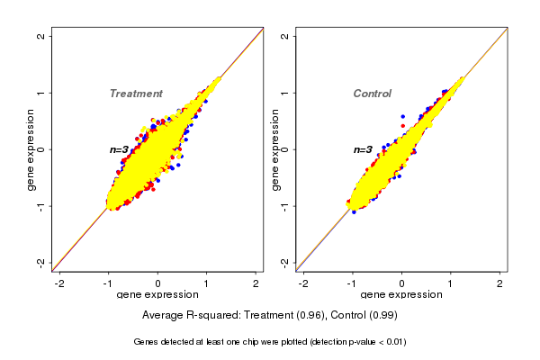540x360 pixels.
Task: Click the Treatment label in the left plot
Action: [x=136, y=94]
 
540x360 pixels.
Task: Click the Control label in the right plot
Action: [x=373, y=94]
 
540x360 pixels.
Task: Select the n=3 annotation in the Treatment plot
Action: [x=121, y=149]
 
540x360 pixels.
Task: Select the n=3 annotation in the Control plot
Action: [x=363, y=149]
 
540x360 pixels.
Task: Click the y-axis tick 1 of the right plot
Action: [x=285, y=93]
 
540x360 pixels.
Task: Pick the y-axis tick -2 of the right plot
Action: [x=285, y=262]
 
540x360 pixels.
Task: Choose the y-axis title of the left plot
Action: [x=31, y=149]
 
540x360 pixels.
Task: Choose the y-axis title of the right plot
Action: [x=276, y=149]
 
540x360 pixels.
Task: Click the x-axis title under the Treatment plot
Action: [x=157, y=294]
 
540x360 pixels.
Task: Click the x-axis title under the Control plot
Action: [x=401, y=294]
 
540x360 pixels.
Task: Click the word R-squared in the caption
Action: [x=211, y=316]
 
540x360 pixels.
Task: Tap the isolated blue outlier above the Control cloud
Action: [x=402, y=116]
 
